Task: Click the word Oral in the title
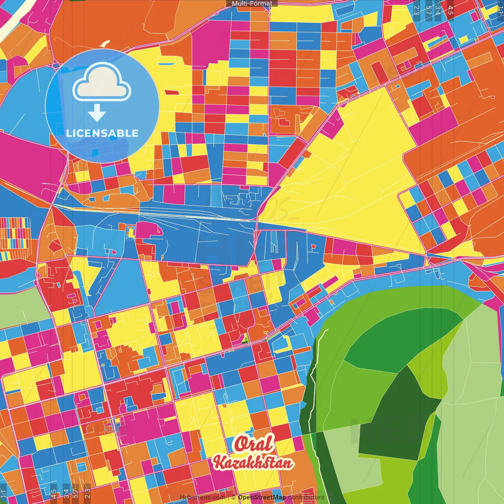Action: coord(254,444)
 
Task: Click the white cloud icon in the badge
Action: coord(102,83)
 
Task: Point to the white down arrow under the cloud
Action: coord(96,113)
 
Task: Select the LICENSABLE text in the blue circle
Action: coord(102,133)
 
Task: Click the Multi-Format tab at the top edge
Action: coord(252,4)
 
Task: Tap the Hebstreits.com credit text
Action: coord(202,497)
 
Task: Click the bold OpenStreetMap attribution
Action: coord(261,497)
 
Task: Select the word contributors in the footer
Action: coord(306,497)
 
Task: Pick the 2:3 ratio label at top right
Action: coord(417,10)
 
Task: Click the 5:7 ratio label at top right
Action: coord(428,10)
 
